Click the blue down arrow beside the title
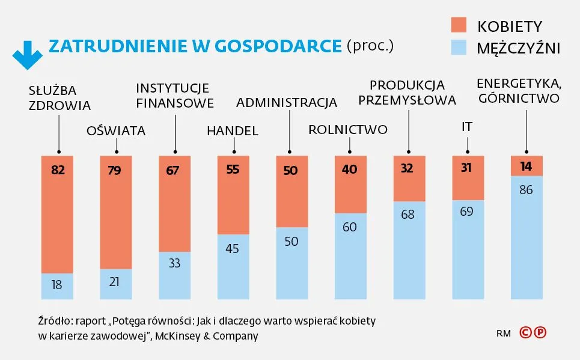[x=27, y=55]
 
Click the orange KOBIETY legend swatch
[x=458, y=25]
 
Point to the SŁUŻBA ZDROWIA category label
[x=60, y=99]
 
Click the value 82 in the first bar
[x=57, y=170]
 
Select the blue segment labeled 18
[x=57, y=286]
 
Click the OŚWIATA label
[x=116, y=130]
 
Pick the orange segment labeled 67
[x=174, y=204]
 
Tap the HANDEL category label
[x=232, y=130]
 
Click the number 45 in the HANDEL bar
[x=233, y=248]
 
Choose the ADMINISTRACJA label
[x=287, y=103]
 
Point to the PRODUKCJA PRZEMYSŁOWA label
[x=408, y=92]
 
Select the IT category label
[x=466, y=127]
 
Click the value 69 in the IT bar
[x=467, y=212]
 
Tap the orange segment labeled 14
[x=527, y=166]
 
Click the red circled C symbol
[x=525, y=332]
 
